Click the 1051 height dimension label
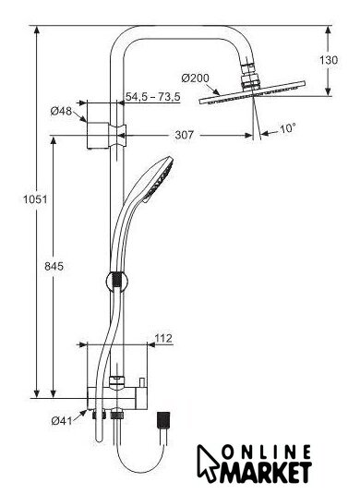(35, 199)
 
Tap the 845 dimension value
(54, 267)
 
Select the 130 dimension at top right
(329, 60)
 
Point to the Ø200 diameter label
(196, 78)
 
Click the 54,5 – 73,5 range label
(152, 96)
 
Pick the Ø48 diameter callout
(61, 111)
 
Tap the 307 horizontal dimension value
(184, 135)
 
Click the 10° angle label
(288, 128)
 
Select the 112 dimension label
(163, 338)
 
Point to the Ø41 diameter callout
(62, 421)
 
